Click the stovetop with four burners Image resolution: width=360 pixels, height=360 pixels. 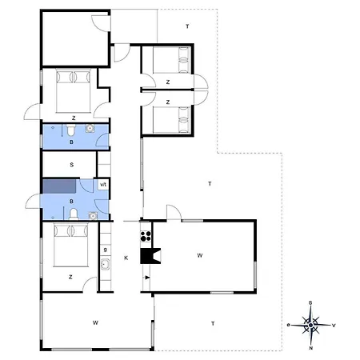coord(146,236)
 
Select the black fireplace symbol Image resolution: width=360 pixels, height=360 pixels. coord(150,256)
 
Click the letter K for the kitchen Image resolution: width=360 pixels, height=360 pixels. coord(126,258)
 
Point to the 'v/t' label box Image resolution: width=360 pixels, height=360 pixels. coord(103,184)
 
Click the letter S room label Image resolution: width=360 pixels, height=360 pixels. coord(72,165)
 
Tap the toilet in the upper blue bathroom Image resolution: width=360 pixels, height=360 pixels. coord(70,130)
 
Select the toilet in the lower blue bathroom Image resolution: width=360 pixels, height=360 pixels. coord(74,214)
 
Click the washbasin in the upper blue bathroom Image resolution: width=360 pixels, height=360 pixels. coord(90,129)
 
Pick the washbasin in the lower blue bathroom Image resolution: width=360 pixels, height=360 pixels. coord(93,216)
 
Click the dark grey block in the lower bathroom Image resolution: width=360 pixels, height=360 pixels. coord(59,186)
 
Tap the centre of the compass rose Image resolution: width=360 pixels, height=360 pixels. coord(310,325)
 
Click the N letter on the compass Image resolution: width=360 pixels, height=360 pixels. coord(311,348)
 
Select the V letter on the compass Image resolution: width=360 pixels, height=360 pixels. coord(334,326)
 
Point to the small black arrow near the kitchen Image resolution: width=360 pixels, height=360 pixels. coord(147,278)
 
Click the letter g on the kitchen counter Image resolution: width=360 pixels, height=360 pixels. coord(105,250)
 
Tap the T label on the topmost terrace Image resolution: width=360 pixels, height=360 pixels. coord(187,26)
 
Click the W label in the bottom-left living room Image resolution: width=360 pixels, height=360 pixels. coord(95,322)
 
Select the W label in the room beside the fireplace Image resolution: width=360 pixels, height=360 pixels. coord(200,255)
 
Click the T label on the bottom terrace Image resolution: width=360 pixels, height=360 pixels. coord(213,324)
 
